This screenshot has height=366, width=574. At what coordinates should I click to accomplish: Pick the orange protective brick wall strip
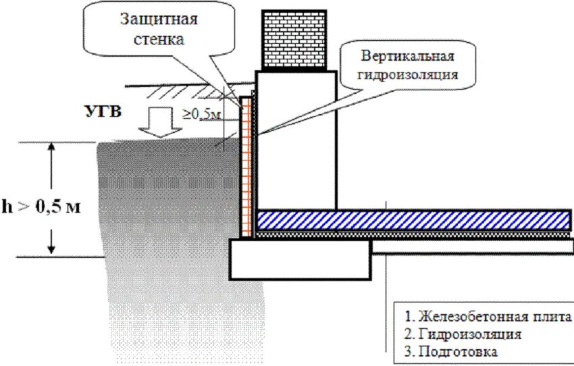point(246,169)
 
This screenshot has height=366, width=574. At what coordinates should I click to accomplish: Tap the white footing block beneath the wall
point(301,259)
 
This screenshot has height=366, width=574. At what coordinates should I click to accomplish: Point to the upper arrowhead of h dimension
point(51,148)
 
